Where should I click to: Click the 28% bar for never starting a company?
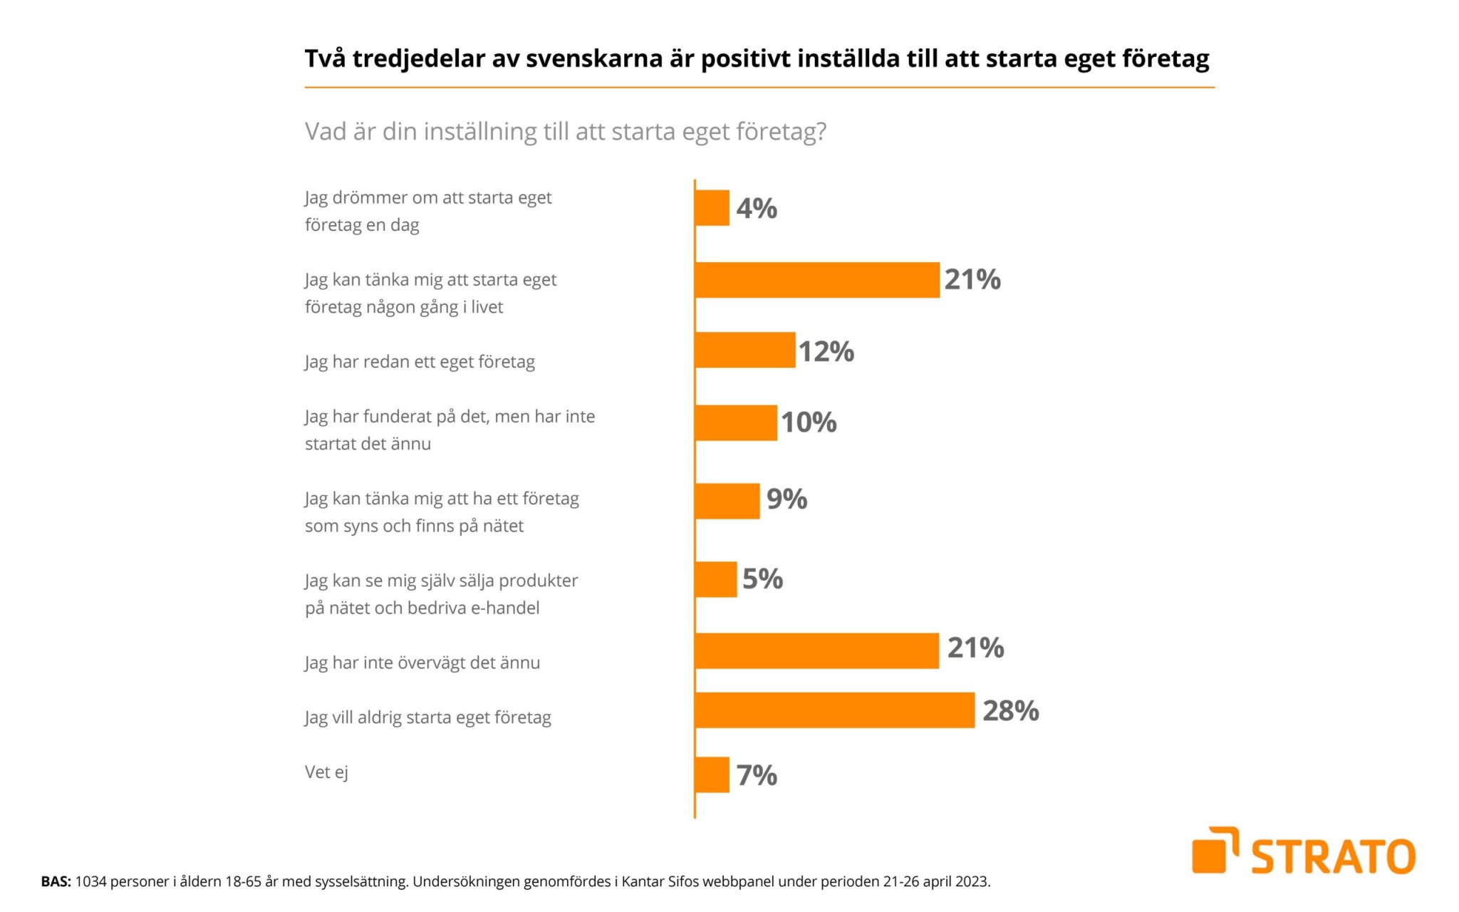(834, 710)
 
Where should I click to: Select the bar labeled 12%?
(744, 350)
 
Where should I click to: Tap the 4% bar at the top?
(712, 208)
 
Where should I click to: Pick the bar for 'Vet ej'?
(712, 774)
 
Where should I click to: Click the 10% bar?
(735, 423)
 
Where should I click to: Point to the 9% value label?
(786, 499)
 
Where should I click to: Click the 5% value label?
(762, 579)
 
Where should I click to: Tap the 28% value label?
(1010, 710)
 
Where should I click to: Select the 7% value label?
(757, 774)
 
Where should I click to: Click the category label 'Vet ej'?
(326, 772)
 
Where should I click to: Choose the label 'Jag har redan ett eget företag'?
(420, 362)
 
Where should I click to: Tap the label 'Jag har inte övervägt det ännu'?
(422, 663)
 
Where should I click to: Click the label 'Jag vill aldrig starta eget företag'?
(427, 717)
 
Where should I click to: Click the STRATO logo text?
(1333, 856)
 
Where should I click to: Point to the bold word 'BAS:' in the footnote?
(56, 882)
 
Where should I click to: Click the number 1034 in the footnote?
(90, 882)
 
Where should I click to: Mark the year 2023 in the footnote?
(972, 882)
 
